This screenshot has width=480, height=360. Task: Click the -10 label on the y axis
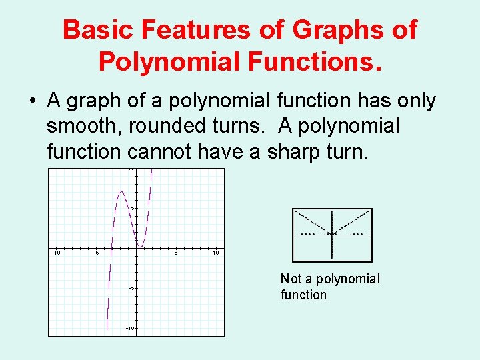click(130, 329)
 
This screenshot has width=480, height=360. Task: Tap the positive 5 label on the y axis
click(133, 208)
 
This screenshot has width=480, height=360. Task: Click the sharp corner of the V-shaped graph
click(332, 233)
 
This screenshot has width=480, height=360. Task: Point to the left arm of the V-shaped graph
click(312, 222)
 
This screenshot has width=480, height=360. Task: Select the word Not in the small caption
click(291, 279)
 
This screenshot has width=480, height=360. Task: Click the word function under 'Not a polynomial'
click(303, 295)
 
